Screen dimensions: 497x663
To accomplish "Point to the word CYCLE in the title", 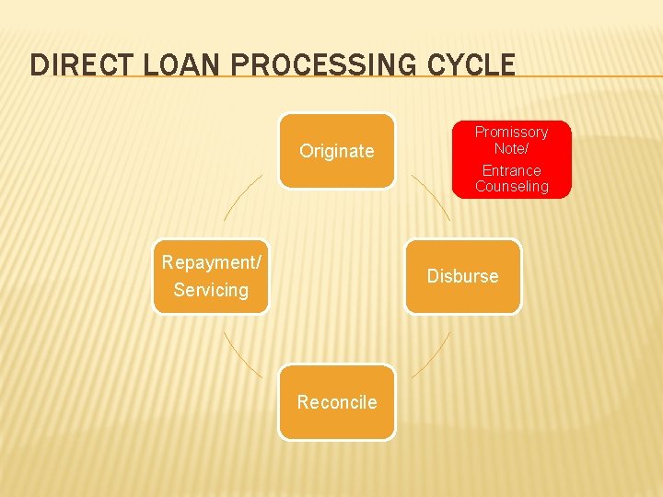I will (x=471, y=65).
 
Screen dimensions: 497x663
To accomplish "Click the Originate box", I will (x=337, y=151).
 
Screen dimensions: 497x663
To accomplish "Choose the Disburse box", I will (x=462, y=276).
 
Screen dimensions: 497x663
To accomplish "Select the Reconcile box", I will (x=337, y=402).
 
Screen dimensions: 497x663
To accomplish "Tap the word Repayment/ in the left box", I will (x=211, y=262).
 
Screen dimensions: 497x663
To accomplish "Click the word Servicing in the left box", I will (x=211, y=290).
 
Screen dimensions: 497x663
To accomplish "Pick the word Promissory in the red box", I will (x=511, y=133).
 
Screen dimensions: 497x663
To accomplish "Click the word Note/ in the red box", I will (x=511, y=147).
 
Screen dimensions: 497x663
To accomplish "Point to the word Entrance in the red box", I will (x=511, y=170).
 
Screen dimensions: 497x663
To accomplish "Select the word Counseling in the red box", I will (x=511, y=186).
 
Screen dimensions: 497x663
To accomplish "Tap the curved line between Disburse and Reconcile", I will (x=433, y=355).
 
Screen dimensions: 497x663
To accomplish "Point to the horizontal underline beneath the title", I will (x=589, y=76).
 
